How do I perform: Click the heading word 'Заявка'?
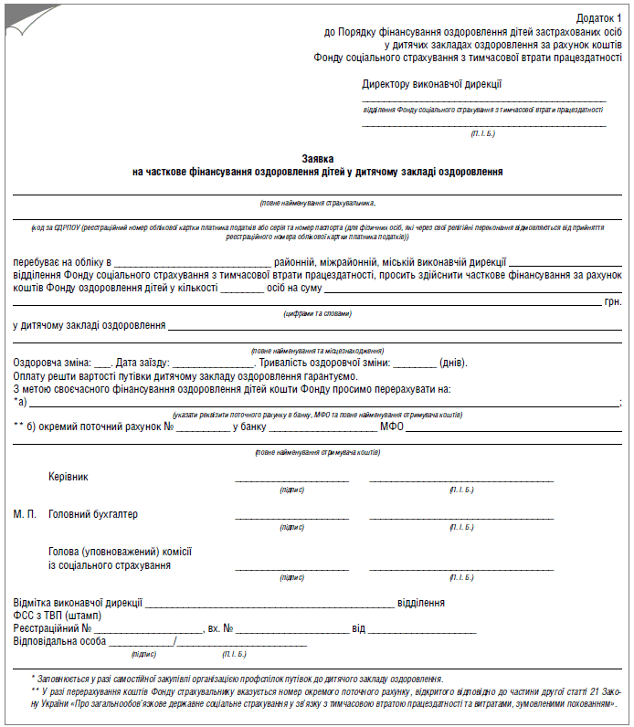click(x=317, y=158)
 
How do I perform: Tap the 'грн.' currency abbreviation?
click(x=613, y=300)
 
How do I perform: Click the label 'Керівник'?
click(x=69, y=477)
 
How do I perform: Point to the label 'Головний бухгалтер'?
click(x=93, y=514)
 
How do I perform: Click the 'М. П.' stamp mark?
click(x=26, y=514)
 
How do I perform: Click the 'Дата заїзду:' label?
click(x=142, y=363)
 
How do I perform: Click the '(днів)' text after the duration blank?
click(x=453, y=363)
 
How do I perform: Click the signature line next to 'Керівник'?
click(x=292, y=479)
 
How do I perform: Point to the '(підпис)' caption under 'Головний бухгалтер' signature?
click(x=292, y=528)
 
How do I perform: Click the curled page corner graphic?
click(x=16, y=13)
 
